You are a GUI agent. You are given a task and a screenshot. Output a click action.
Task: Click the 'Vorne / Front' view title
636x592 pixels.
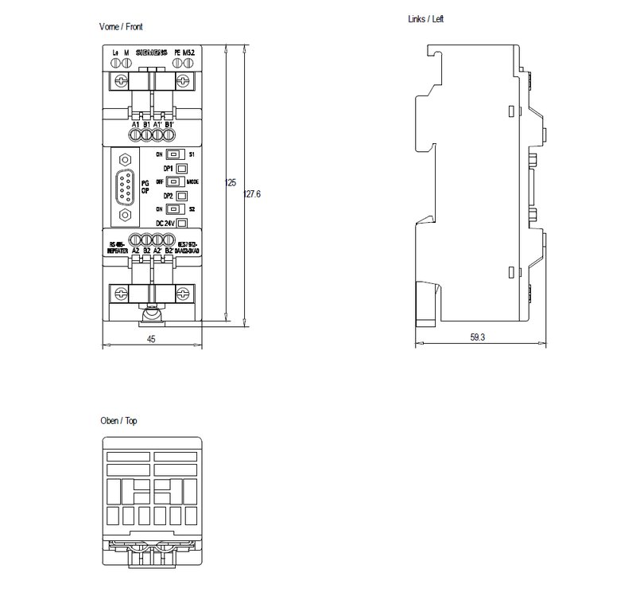coord(121,26)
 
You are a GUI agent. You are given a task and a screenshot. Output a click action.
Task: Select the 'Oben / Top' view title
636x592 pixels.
coord(118,421)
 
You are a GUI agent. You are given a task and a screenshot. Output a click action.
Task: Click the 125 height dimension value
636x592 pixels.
coord(231,183)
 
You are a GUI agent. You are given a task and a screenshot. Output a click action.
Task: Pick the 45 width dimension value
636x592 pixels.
coord(152,339)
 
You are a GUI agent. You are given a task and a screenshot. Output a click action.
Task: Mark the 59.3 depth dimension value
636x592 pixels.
coord(477,338)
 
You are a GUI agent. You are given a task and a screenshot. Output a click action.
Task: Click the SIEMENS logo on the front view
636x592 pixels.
coord(151,54)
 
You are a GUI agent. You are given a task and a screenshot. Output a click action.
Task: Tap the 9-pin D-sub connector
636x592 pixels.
coord(125,189)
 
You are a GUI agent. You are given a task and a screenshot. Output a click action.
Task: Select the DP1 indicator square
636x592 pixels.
coord(181,169)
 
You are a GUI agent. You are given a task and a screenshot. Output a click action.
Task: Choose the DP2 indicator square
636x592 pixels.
coord(181,196)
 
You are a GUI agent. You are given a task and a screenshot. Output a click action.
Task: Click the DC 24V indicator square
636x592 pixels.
coord(181,224)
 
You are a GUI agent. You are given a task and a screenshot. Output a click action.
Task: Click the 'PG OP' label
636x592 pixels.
coord(145,186)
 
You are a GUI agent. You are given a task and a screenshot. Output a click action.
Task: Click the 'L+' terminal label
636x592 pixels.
coord(115,54)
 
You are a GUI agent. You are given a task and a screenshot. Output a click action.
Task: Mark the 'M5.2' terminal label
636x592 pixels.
coord(188,54)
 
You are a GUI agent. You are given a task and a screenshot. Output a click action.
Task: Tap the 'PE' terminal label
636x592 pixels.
coord(176,54)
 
